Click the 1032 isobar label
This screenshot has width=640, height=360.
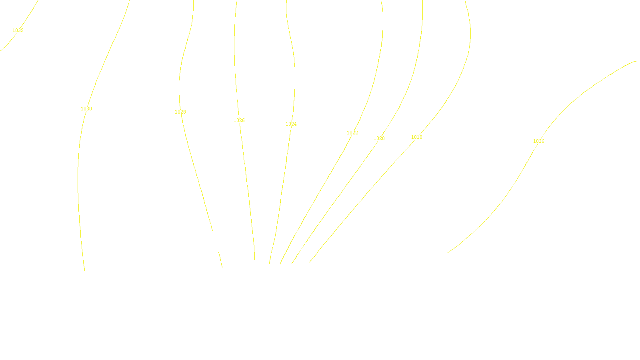coord(18,30)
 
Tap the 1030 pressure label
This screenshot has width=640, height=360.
coord(86,109)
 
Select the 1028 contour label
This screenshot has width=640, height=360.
coord(180,112)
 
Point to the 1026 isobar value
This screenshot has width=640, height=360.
coord(239,120)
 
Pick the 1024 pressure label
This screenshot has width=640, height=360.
coord(291,124)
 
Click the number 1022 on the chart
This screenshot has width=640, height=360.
coord(352,133)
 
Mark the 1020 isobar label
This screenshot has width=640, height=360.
coord(379,138)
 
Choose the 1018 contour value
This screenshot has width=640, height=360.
coord(417,137)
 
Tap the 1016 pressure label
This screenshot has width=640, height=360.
coord(539,141)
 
